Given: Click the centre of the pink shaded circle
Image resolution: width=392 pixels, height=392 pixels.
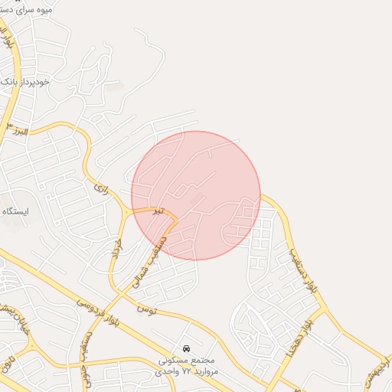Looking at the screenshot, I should coord(196,195).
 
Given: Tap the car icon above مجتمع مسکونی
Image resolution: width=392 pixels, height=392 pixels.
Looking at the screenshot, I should coord(187,349).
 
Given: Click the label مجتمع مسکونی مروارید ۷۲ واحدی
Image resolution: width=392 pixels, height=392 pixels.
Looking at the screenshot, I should coord(187,365).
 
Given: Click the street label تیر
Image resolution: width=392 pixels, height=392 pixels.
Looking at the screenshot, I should coord(156,211).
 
